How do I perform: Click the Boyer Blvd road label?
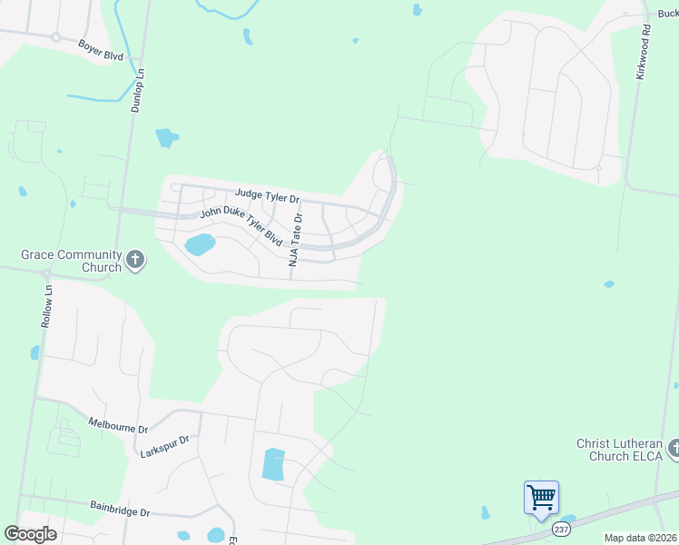pyautogui.click(x=100, y=49)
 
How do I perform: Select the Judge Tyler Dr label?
pyautogui.click(x=267, y=195)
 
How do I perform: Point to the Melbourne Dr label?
pyautogui.click(x=118, y=424)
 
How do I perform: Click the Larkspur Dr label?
pyautogui.click(x=165, y=445)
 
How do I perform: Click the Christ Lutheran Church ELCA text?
pyautogui.click(x=620, y=450)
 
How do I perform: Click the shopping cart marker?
pyautogui.click(x=541, y=498)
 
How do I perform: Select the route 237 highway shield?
pyautogui.click(x=561, y=528)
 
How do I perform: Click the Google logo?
pyautogui.click(x=30, y=534)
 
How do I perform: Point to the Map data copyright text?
pyautogui.click(x=640, y=538)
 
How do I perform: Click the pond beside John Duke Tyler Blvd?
pyautogui.click(x=200, y=244)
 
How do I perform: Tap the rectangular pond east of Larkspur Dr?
pyautogui.click(x=273, y=464)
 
